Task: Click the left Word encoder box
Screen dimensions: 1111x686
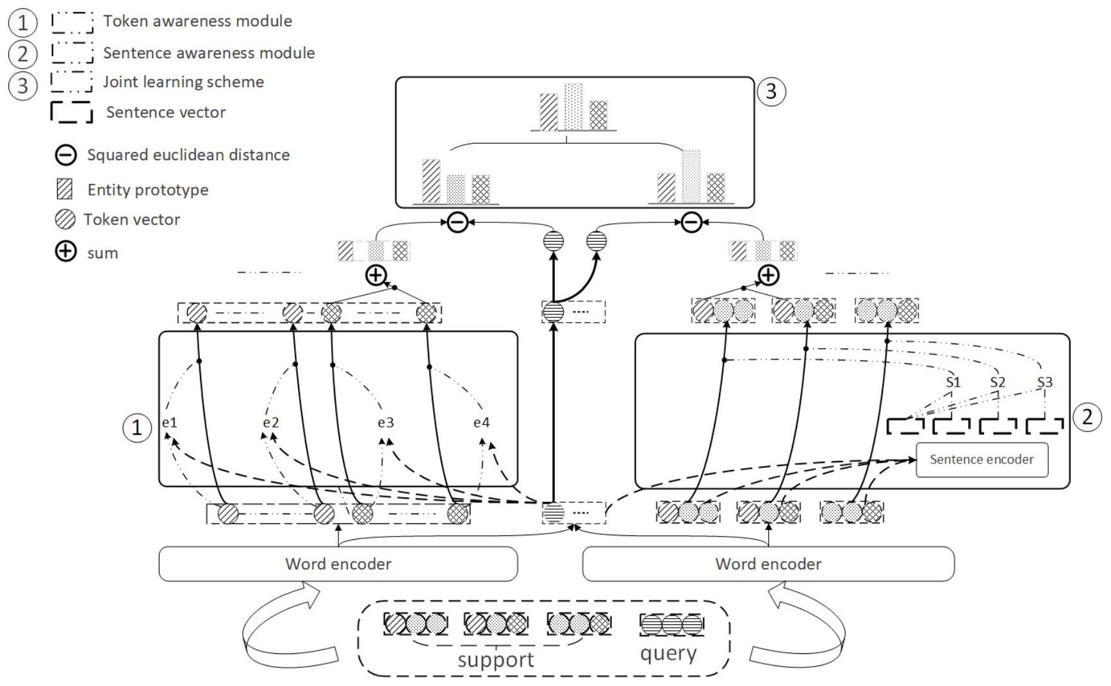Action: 338,564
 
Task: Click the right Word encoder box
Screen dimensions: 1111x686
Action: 768,564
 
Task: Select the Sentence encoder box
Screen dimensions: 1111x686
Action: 982,460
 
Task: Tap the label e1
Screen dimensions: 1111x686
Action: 169,422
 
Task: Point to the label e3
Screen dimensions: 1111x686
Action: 385,422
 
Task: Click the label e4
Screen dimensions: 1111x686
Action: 481,422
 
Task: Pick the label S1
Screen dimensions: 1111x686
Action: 953,382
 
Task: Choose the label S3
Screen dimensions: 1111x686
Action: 1044,382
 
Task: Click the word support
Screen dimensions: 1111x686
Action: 495,660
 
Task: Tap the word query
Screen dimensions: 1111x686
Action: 668,654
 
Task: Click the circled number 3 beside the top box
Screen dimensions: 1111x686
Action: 771,92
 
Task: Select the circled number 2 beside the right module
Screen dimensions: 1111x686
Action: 1087,417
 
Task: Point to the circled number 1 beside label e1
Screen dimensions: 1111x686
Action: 136,428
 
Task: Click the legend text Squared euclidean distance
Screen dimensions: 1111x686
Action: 188,155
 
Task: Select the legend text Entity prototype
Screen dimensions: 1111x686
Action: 148,190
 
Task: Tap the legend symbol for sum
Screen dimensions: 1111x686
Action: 65,251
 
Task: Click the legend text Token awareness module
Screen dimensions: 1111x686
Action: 197,21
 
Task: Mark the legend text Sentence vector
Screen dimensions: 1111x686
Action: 166,112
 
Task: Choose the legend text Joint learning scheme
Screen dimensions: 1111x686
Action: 183,82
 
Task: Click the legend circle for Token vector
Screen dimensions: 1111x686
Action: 65,219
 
